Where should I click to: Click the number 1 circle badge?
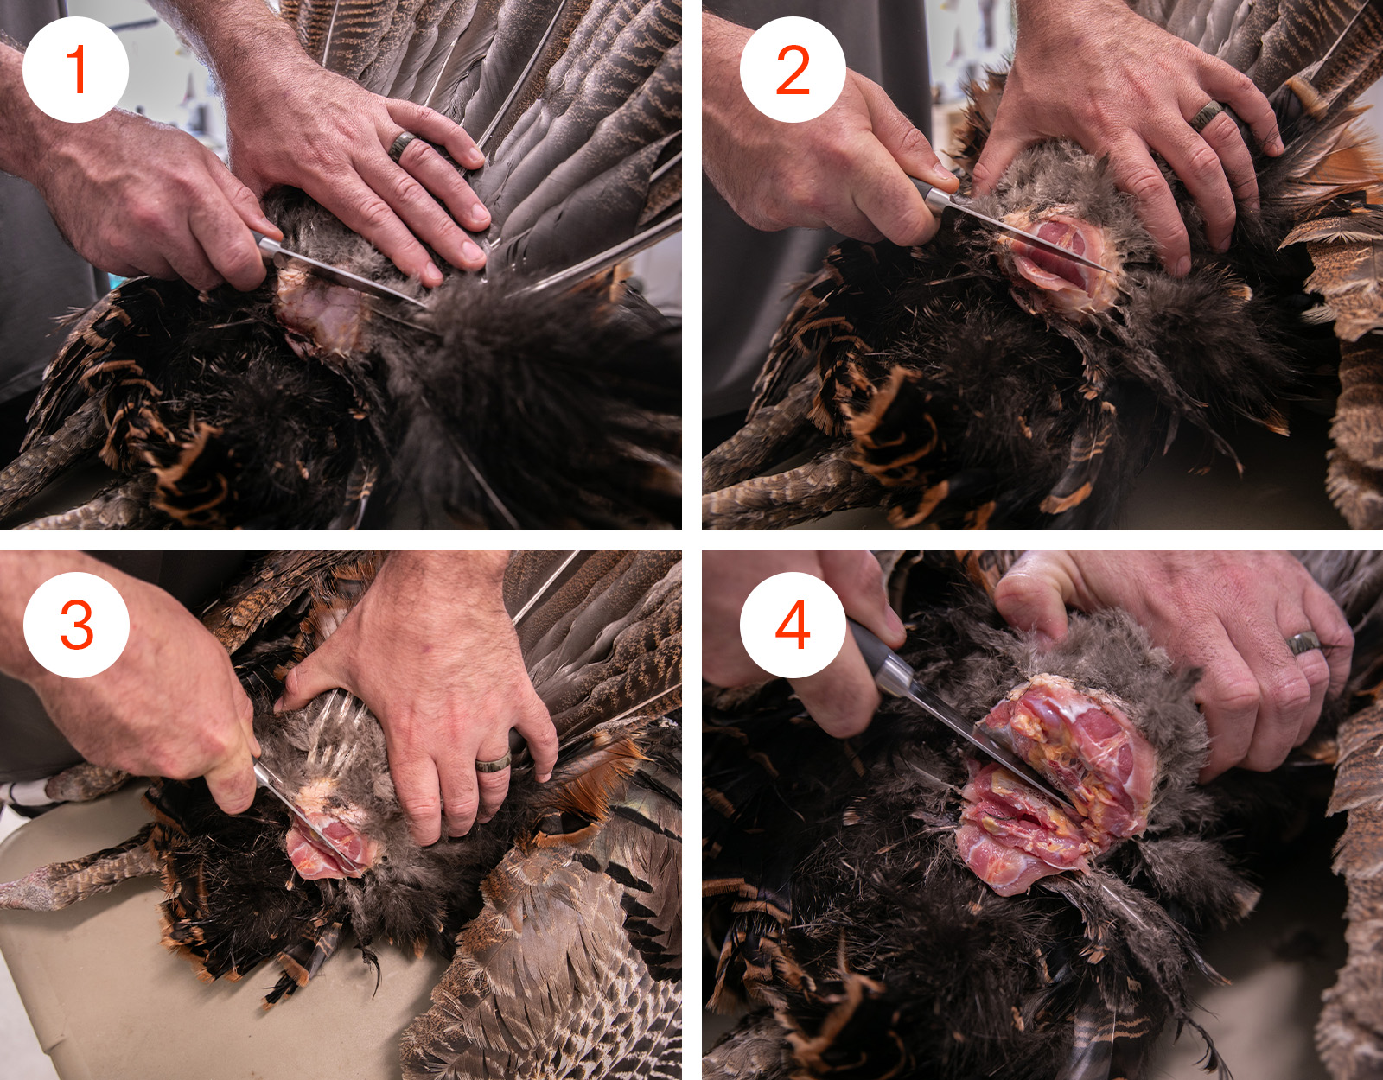coord(76,69)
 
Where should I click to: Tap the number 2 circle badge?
coord(793,69)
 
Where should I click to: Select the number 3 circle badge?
coord(76,625)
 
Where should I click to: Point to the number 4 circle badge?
coord(793,625)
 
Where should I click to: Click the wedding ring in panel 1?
coord(402,145)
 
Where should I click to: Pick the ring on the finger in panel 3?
coord(494,763)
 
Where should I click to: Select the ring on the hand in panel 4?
coord(1304,642)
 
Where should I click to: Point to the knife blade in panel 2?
coord(1028,234)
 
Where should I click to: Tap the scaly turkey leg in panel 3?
coord(70,872)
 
